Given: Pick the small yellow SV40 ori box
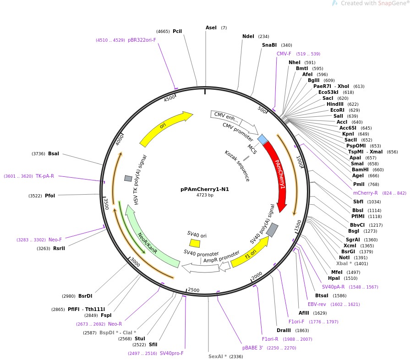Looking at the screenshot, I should coord(195,243).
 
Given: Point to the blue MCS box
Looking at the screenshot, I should coord(262,139).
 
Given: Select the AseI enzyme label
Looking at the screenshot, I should coord(211,27).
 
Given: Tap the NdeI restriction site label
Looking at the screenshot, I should coord(248,37).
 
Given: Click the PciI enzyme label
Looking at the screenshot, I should coord(177,31).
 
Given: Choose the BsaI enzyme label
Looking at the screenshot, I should coord(54,153).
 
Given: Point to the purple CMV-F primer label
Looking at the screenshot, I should coord(284,54).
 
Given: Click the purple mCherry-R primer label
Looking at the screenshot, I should coord(366,193).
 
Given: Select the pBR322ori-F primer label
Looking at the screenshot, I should coord(142,40).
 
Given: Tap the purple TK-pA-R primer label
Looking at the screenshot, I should coord(45,176).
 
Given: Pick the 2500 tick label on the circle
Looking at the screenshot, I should coord(194,290).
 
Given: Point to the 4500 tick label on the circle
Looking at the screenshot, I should coord(169,98).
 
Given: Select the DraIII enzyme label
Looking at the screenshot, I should coord(284,330).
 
